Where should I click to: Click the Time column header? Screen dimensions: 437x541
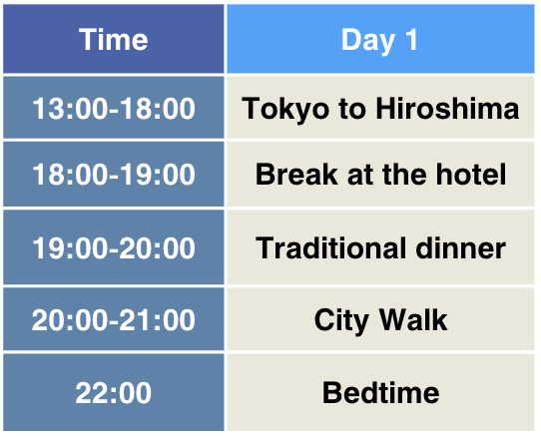113,40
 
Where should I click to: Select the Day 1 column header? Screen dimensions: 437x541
380,40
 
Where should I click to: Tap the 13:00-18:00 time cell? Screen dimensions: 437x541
113,108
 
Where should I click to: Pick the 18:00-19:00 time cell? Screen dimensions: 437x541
113,175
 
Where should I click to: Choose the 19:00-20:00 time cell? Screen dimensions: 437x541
113,247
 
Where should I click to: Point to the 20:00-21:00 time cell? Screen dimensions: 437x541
113,320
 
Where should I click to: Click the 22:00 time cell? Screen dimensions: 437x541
113,392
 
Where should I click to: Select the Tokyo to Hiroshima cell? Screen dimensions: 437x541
380,108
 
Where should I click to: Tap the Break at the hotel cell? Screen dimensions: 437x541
380,175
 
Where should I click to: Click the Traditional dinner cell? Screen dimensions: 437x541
380,247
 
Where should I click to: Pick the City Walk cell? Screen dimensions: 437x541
380,320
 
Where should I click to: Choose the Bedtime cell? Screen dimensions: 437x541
380,392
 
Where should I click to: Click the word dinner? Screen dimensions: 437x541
459,247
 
